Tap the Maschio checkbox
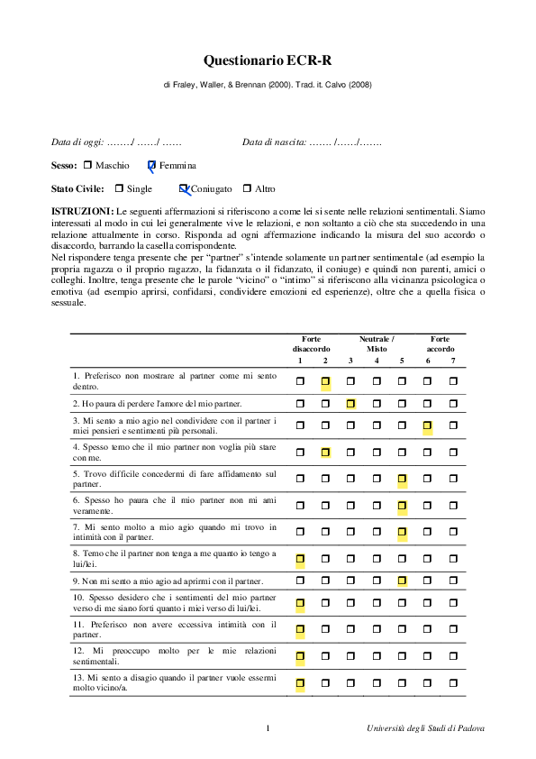pyautogui.click(x=87, y=166)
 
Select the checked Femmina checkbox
pyautogui.click(x=152, y=166)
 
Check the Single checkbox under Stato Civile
pyautogui.click(x=119, y=189)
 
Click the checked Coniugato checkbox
pyautogui.click(x=184, y=189)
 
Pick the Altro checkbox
pyautogui.click(x=247, y=189)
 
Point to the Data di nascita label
pyautogui.click(x=275, y=142)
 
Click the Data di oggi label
pyautogui.click(x=77, y=142)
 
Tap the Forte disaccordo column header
pyautogui.click(x=312, y=343)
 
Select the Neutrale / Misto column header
pyautogui.click(x=377, y=343)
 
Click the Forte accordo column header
pyautogui.click(x=441, y=343)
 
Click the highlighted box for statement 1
pyautogui.click(x=326, y=381)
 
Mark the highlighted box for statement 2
pyautogui.click(x=351, y=403)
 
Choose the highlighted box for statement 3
pyautogui.click(x=428, y=425)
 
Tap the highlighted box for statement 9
pyautogui.click(x=403, y=581)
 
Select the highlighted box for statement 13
pyautogui.click(x=300, y=683)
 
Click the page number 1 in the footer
pyautogui.click(x=268, y=728)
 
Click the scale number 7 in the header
pyautogui.click(x=454, y=361)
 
